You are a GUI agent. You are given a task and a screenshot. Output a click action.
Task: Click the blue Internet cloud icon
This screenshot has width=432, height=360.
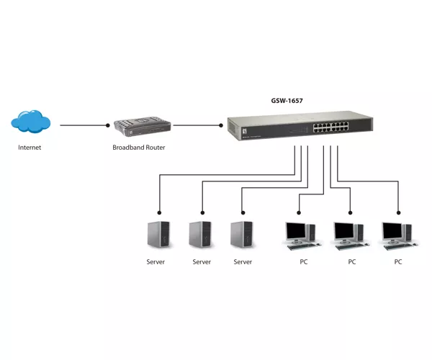(30, 121)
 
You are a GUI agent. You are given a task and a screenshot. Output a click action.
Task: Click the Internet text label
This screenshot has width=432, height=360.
(30, 148)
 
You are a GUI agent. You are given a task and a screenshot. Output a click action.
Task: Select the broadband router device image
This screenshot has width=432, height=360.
(143, 127)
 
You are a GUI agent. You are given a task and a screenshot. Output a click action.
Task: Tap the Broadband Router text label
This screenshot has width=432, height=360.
(138, 148)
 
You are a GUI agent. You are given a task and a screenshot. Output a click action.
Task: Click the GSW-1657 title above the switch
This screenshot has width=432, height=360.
(287, 101)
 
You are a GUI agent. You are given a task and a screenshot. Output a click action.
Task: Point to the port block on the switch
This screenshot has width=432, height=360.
(330, 127)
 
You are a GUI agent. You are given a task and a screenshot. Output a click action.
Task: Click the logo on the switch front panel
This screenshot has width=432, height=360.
(244, 131)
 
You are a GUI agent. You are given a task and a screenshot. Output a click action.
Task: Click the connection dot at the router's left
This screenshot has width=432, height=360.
(108, 125)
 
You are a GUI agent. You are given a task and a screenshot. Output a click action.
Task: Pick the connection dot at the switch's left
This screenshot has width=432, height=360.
(221, 125)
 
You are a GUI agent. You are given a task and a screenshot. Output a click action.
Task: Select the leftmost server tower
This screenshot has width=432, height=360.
(158, 234)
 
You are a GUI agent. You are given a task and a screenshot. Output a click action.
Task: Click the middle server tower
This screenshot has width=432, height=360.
(200, 234)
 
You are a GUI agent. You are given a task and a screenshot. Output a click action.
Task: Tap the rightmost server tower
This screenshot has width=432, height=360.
(242, 234)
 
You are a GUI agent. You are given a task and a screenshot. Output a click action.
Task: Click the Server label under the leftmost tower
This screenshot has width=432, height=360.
(156, 261)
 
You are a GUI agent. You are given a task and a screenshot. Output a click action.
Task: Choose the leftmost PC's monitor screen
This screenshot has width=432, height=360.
(296, 230)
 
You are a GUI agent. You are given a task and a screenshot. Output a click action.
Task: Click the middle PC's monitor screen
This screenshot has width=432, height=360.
(344, 230)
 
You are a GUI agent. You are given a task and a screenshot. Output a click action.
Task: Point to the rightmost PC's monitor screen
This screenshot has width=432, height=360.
(392, 230)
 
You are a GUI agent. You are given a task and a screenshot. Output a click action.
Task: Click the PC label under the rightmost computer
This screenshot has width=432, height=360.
(398, 261)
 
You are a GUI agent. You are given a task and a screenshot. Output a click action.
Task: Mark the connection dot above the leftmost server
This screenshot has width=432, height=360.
(159, 212)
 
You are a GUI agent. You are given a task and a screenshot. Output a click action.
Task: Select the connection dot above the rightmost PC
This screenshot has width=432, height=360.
(398, 212)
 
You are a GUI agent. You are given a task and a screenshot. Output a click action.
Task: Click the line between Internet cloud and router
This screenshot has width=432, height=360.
(84, 125)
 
